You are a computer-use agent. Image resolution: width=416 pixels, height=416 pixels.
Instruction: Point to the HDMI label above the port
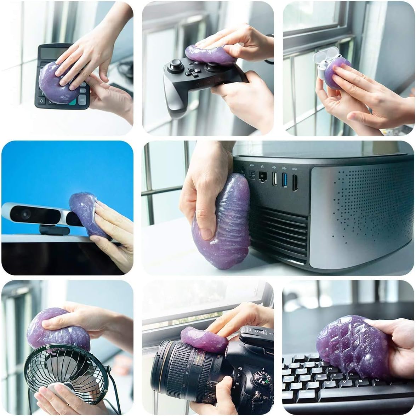295,170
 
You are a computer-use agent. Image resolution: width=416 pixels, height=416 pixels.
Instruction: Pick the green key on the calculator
73,102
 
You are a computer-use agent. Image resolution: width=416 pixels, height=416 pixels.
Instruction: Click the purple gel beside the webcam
85,212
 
